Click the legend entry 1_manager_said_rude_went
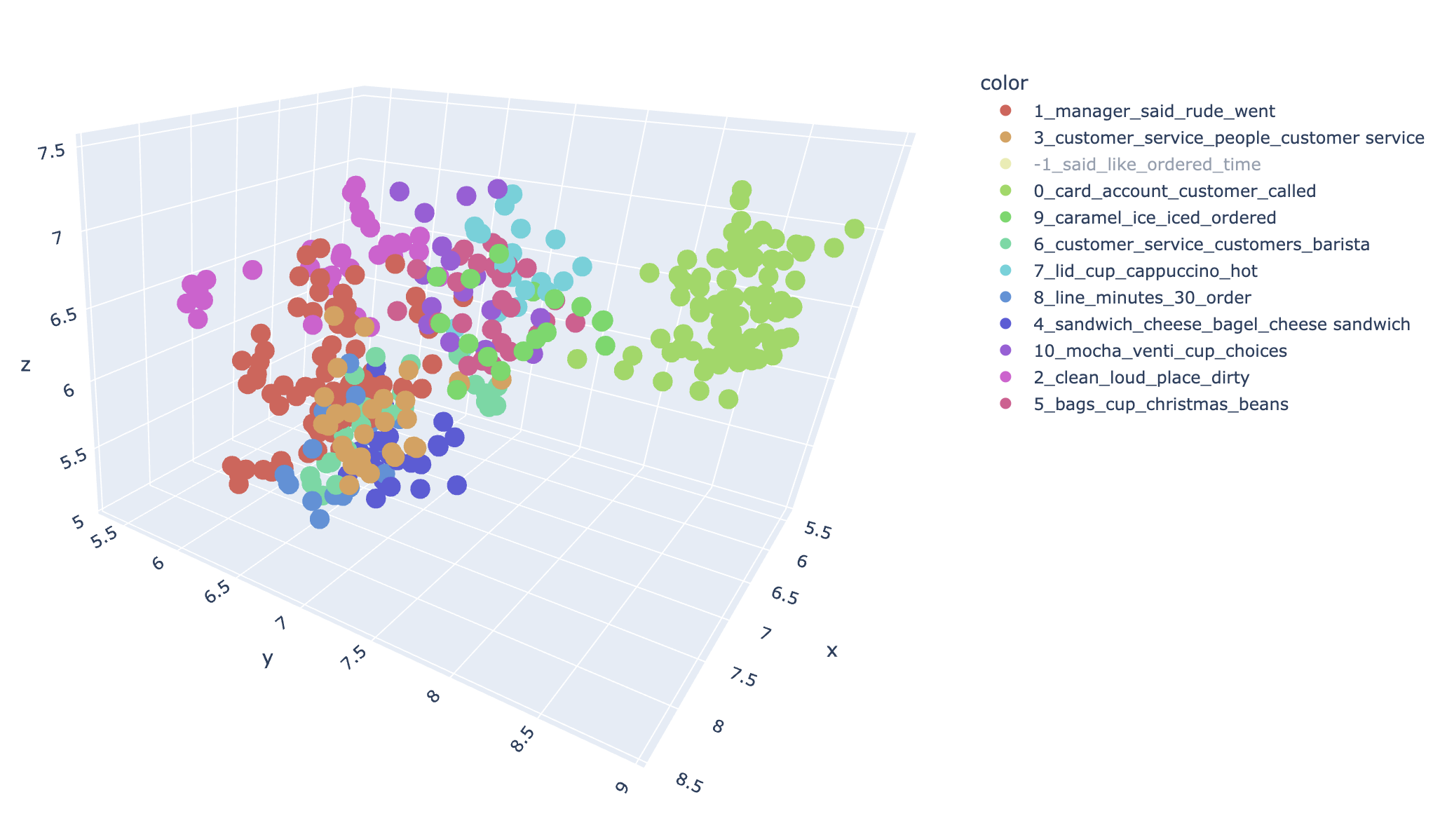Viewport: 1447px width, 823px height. point(1153,111)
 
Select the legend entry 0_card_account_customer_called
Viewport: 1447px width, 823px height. point(1174,191)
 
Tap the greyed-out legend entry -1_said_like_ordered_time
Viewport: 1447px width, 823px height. point(1147,164)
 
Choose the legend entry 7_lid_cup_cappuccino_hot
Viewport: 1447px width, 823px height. point(1145,271)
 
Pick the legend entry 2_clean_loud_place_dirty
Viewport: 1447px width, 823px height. point(1141,377)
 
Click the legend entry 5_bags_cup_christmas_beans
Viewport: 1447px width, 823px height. point(1160,404)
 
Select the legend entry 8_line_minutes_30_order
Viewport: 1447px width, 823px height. point(1142,297)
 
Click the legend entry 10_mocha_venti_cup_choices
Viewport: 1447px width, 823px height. point(1160,351)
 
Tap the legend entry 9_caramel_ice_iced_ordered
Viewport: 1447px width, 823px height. point(1155,217)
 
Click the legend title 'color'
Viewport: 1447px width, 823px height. point(1003,83)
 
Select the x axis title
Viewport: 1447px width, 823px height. point(832,651)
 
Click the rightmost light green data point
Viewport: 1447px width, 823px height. point(854,229)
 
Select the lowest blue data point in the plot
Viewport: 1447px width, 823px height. point(319,519)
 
